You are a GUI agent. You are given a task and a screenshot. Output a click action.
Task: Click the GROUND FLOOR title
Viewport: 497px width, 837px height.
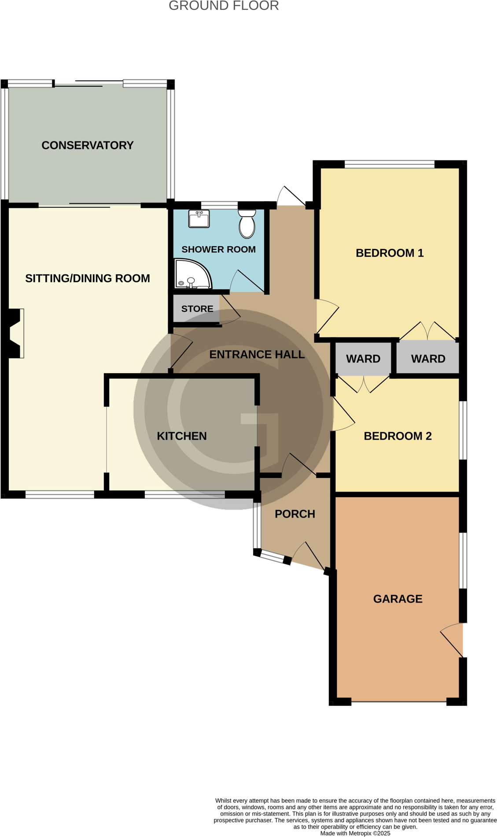pyautogui.click(x=224, y=6)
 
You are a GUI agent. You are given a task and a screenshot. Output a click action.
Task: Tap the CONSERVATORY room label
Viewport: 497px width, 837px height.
pyautogui.click(x=87, y=145)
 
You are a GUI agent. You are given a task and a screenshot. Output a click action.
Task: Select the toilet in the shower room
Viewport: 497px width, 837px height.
pyautogui.click(x=247, y=224)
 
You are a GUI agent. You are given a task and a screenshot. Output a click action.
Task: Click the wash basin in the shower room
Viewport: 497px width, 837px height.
pyautogui.click(x=199, y=219)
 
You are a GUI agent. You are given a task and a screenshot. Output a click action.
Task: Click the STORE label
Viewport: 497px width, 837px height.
pyautogui.click(x=197, y=309)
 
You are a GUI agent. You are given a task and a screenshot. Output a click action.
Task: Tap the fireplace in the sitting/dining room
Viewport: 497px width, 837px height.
pyautogui.click(x=15, y=333)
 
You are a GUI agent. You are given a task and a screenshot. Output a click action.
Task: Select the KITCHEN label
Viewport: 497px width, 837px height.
pyautogui.click(x=182, y=436)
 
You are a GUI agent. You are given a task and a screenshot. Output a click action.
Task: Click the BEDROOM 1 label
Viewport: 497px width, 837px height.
pyautogui.click(x=390, y=253)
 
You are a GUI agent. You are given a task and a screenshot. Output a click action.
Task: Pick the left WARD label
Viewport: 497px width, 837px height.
pyautogui.click(x=363, y=359)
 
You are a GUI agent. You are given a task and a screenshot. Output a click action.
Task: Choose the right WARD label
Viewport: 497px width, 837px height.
pyautogui.click(x=428, y=359)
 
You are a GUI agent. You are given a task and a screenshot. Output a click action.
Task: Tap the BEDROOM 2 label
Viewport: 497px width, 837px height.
pyautogui.click(x=398, y=436)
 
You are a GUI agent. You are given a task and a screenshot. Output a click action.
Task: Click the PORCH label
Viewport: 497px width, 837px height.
pyautogui.click(x=295, y=514)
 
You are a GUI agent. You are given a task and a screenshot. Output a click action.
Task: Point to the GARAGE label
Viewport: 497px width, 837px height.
pyautogui.click(x=398, y=599)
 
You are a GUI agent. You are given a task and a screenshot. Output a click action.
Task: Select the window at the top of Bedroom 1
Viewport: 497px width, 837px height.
pyautogui.click(x=390, y=165)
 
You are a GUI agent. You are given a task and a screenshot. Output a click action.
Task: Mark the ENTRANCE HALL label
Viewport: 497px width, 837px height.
pyautogui.click(x=257, y=355)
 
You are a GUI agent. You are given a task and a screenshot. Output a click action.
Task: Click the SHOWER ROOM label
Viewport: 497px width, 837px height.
pyautogui.click(x=218, y=249)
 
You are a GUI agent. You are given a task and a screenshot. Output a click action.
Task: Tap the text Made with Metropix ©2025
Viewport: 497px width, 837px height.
pyautogui.click(x=355, y=833)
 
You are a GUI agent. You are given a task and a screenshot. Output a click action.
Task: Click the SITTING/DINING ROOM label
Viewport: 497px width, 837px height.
pyautogui.click(x=88, y=278)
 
